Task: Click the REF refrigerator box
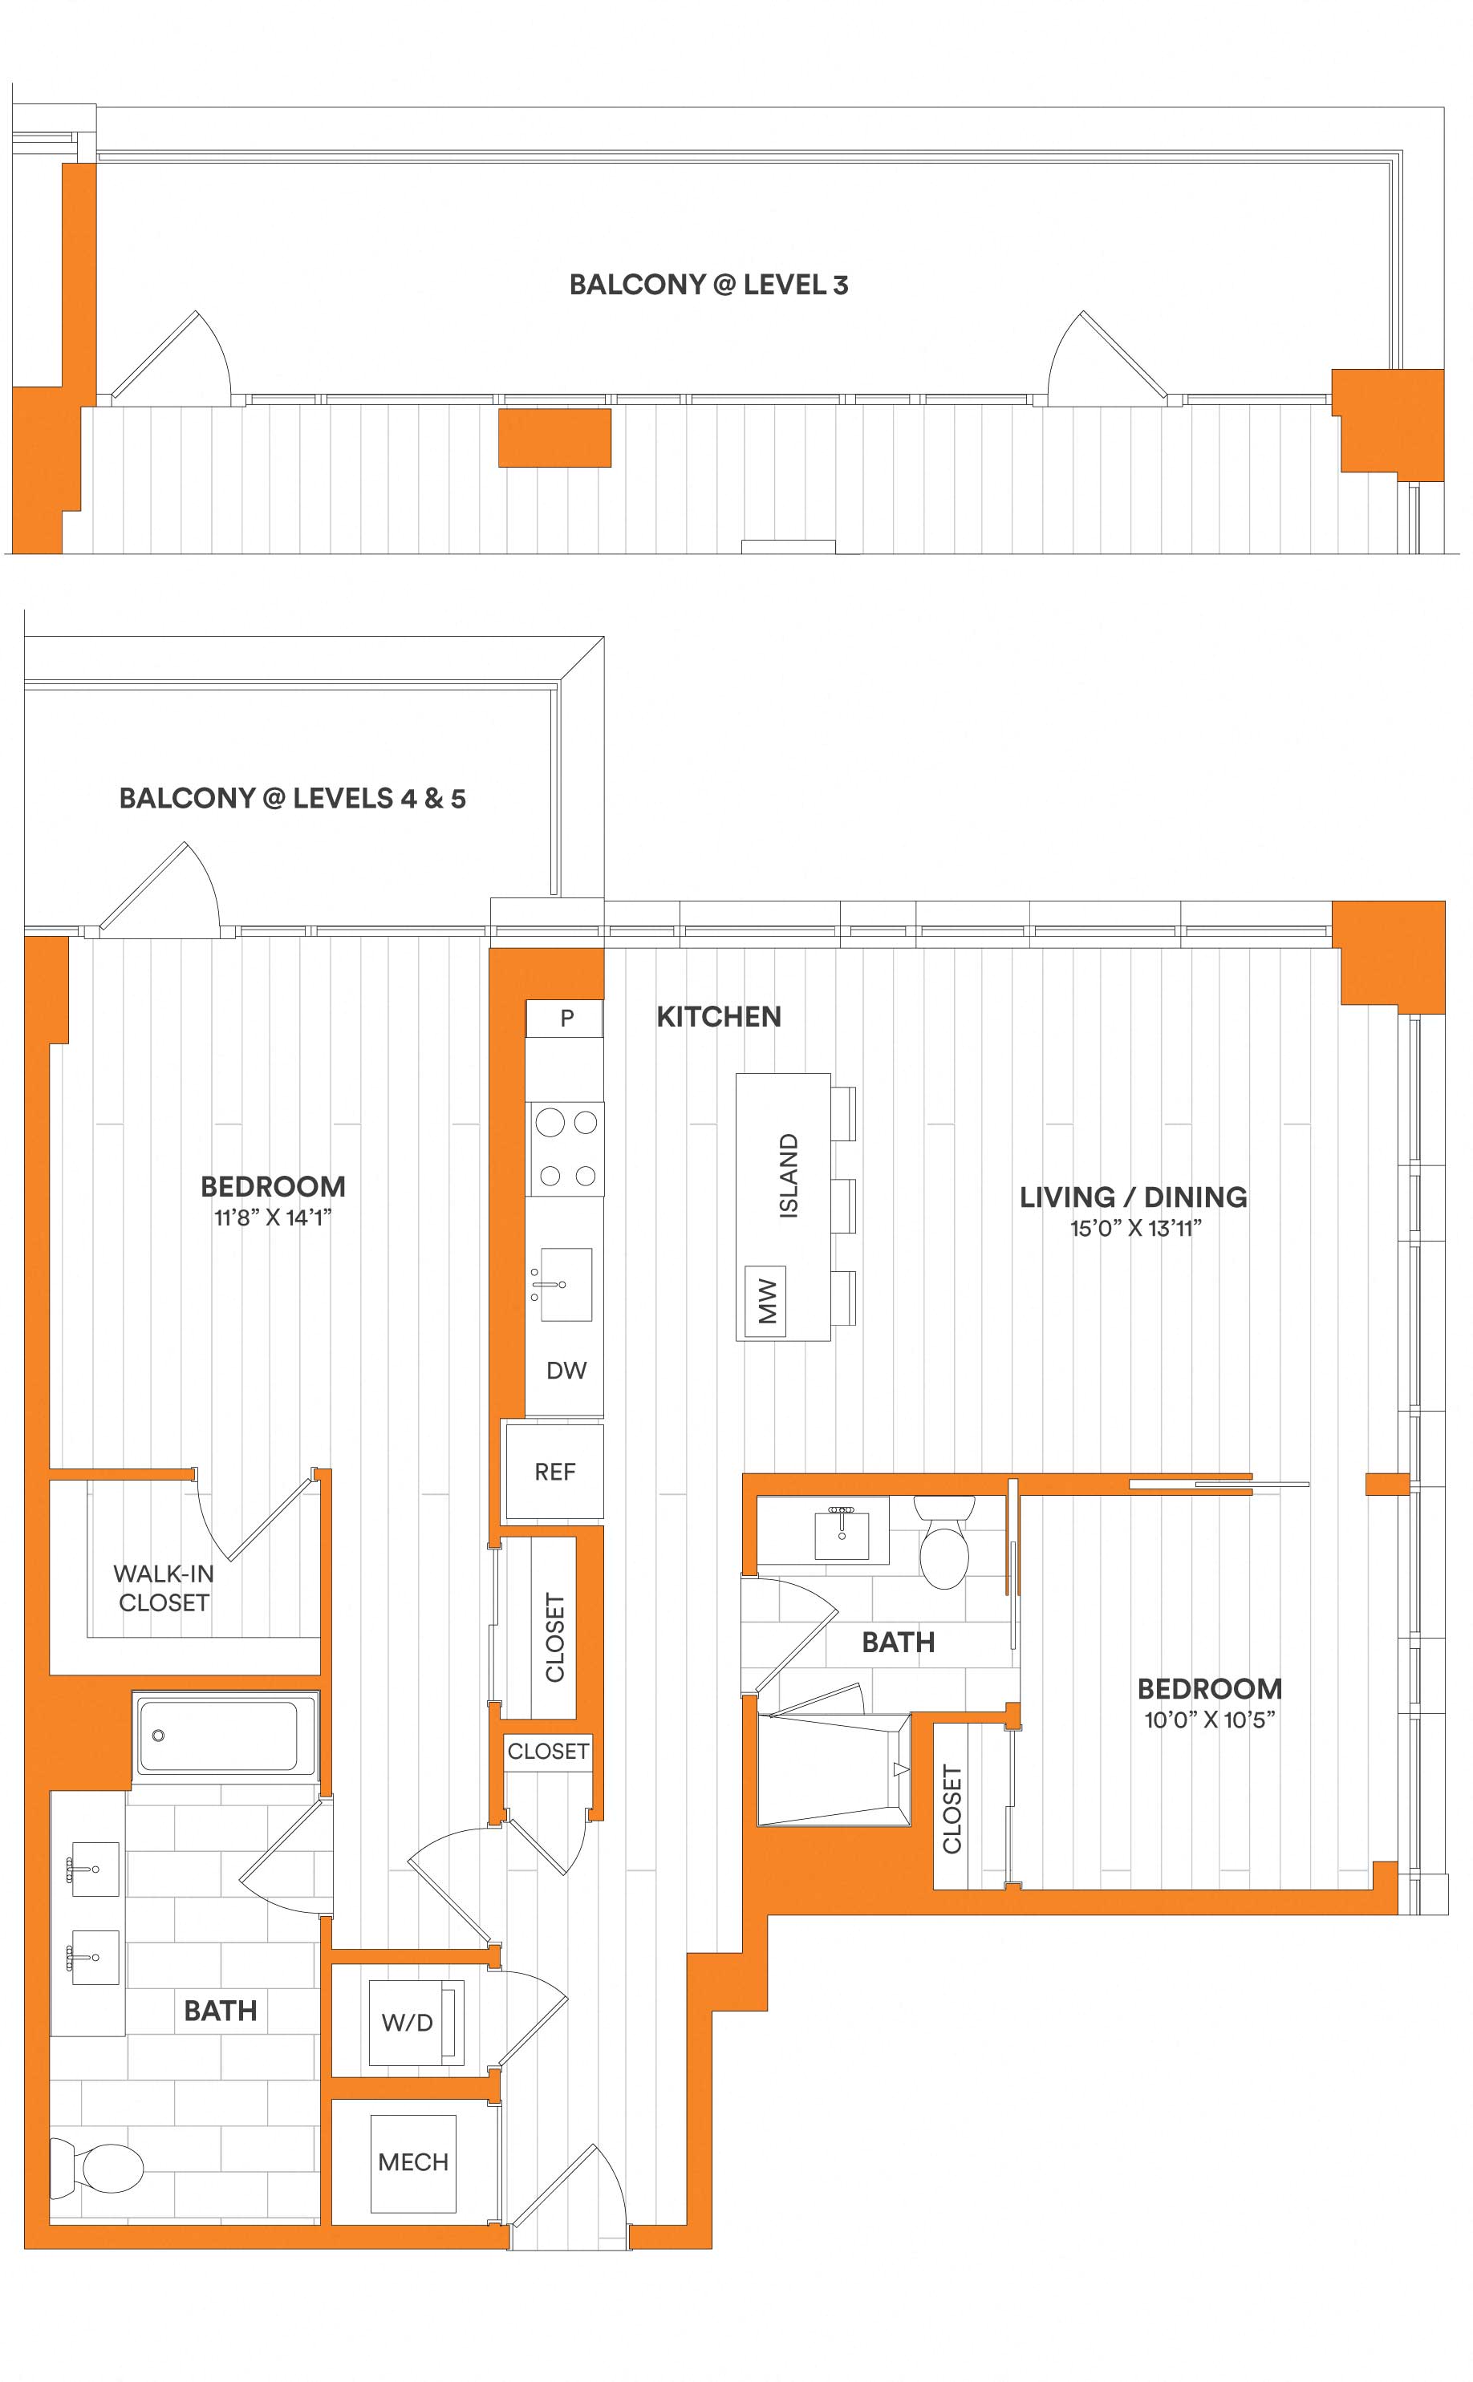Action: click(x=554, y=1472)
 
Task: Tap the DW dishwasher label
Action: click(x=566, y=1370)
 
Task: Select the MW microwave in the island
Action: click(x=765, y=1301)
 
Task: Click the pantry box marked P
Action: click(x=564, y=1019)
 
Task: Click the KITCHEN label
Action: click(x=719, y=1017)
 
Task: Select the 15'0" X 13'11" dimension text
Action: click(x=1135, y=1228)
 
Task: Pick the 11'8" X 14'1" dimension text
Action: click(x=273, y=1217)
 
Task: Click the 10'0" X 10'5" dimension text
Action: click(x=1209, y=1720)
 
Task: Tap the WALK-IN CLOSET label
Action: click(x=164, y=1587)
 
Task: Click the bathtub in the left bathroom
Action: click(x=224, y=1735)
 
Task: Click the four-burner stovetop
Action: click(x=566, y=1149)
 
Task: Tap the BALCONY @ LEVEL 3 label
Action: click(x=708, y=285)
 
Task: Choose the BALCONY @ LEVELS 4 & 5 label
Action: click(x=292, y=799)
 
